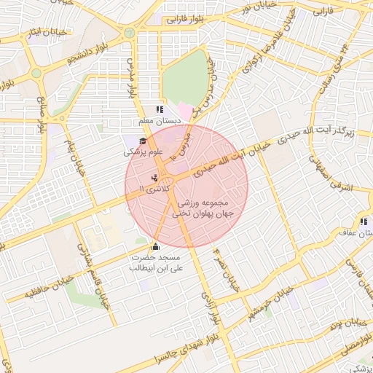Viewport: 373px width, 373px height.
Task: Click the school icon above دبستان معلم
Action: pyautogui.click(x=159, y=110)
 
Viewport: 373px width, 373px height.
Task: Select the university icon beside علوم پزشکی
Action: pyautogui.click(x=141, y=141)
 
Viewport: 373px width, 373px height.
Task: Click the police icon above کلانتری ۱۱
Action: pyautogui.click(x=154, y=178)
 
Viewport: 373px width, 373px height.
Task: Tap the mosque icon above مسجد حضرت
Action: pyautogui.click(x=155, y=247)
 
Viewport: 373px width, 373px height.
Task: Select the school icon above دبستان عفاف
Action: pyautogui.click(x=362, y=222)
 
